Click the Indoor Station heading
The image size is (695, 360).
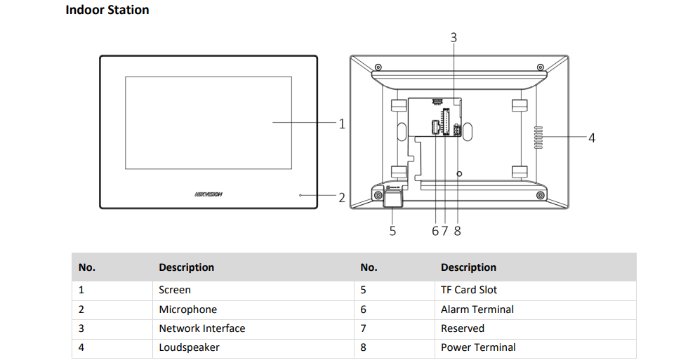click(107, 10)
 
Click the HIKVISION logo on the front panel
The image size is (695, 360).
click(208, 194)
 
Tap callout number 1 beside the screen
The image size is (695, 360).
click(342, 124)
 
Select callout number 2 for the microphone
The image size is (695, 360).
click(342, 198)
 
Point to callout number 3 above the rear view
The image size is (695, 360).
click(454, 37)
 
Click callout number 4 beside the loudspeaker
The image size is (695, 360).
click(592, 138)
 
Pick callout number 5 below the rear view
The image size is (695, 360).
click(392, 230)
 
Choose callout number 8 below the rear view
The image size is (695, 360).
click(458, 230)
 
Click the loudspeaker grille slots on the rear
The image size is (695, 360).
click(539, 138)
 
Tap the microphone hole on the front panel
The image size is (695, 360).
click(300, 195)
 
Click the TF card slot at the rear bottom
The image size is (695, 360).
click(392, 201)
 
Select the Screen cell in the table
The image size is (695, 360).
click(175, 290)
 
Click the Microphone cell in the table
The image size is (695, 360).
click(187, 309)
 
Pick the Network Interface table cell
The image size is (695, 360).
click(202, 328)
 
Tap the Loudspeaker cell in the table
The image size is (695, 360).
click(189, 347)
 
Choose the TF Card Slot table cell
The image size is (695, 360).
click(468, 290)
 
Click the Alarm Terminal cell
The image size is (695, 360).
click(477, 309)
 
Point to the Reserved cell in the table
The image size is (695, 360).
click(462, 328)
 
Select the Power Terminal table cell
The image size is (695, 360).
click(478, 347)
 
